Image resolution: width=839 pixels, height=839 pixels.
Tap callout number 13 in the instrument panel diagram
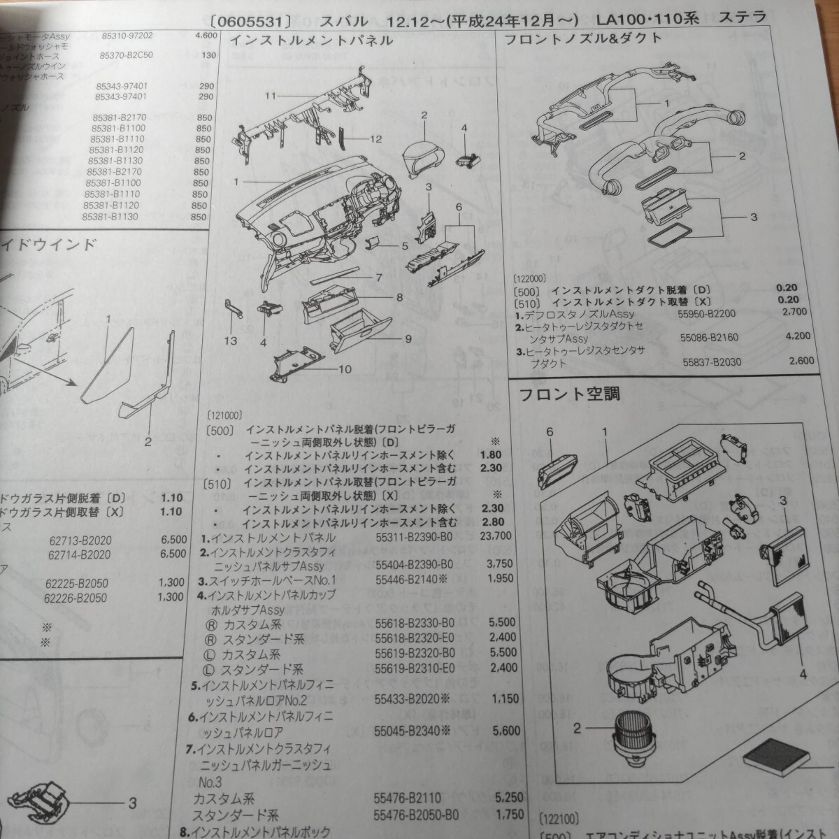click(231, 340)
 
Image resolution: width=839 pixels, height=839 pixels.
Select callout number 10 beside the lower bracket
click(345, 369)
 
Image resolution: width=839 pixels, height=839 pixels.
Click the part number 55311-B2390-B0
click(414, 537)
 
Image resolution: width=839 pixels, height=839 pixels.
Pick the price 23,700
click(497, 536)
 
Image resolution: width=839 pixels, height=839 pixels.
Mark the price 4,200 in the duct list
click(798, 336)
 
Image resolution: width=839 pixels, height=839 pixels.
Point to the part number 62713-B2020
click(80, 540)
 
